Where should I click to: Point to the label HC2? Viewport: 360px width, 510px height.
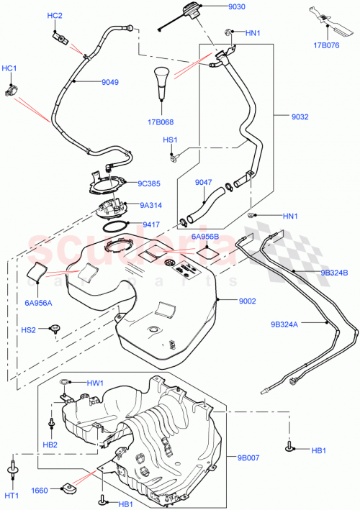point(55,16)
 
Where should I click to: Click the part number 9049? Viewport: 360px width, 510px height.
point(110,82)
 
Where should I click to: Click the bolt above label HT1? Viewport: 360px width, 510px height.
point(12,470)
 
